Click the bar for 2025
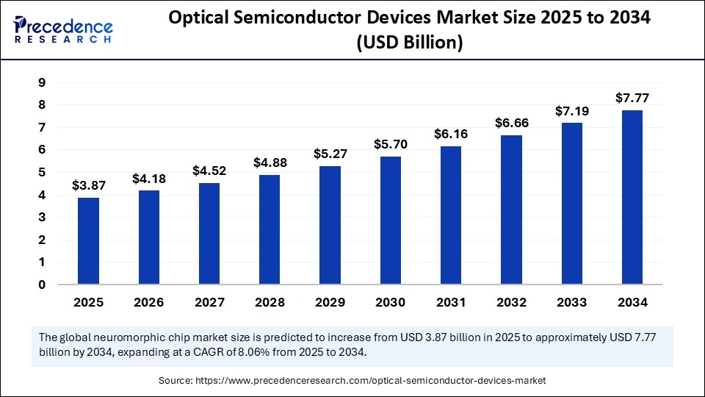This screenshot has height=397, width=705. [89, 241]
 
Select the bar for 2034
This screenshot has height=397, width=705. [632, 197]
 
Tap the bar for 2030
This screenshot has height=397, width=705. [391, 221]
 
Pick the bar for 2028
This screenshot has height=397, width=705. [270, 229]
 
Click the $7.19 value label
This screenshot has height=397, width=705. [571, 110]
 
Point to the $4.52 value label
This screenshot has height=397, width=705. [209, 171]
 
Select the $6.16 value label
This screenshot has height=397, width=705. [451, 134]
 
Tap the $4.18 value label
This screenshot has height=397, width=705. [149, 178]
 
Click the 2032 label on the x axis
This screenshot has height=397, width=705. [511, 302]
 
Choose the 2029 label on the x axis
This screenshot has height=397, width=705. [330, 302]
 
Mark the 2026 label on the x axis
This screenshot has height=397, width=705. [149, 302]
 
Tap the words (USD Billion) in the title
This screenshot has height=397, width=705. [409, 43]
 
